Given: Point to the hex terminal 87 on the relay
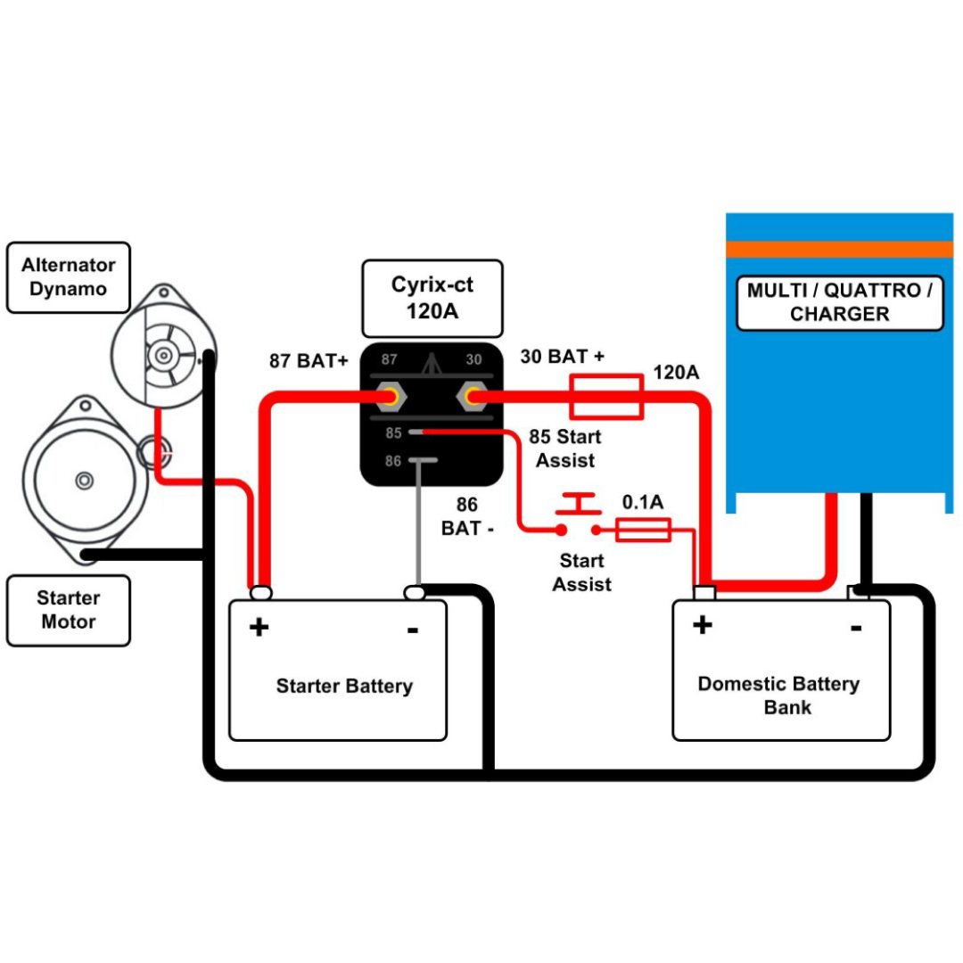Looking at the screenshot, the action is pos(390,397).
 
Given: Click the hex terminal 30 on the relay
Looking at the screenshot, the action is pos(473,397).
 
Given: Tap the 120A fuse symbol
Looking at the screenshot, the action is pos(607,397).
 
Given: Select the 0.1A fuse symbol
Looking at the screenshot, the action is pos(643,530).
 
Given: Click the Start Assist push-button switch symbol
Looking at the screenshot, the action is pos(579,514).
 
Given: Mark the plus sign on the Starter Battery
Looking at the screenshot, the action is pos(259,627).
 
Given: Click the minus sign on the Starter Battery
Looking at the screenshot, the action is pos(413,630).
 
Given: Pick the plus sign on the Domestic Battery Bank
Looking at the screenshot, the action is pos(703,624).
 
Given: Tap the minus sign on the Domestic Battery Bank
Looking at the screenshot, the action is pos(856,628).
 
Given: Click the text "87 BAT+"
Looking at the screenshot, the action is pos(309,360).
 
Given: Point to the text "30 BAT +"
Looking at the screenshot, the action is pos(563,356).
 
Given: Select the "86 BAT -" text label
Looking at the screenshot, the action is pos(467,516).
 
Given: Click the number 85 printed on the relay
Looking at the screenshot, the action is pos(394,433).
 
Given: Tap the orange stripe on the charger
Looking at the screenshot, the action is pos(840,250).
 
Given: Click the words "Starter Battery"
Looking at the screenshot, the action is pos(344,686).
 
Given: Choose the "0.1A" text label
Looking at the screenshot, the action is pos(643,502).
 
